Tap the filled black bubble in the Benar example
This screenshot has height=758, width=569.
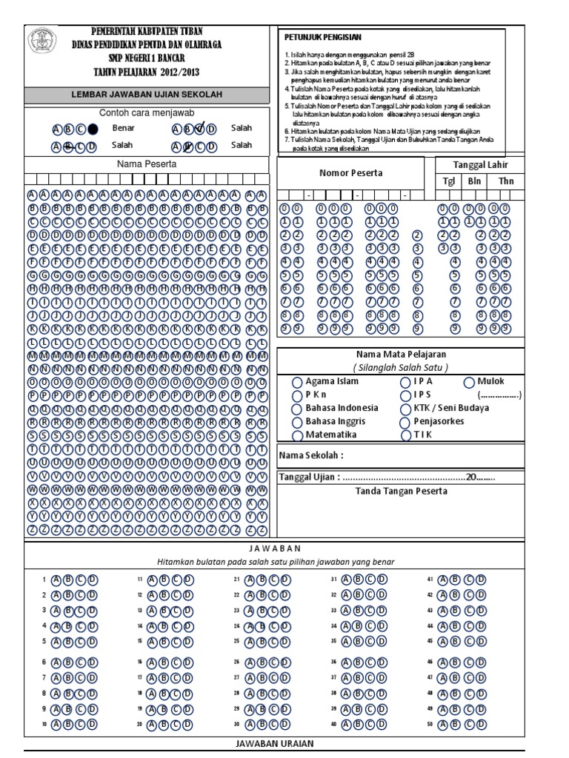(x=93, y=128)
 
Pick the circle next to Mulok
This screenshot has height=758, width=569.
(x=470, y=382)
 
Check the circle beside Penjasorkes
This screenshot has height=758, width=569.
(x=405, y=422)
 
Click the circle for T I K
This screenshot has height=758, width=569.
(x=405, y=435)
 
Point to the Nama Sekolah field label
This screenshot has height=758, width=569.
(x=311, y=455)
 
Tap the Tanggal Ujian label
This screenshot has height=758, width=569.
(x=310, y=477)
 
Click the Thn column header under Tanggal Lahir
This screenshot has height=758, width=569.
(x=505, y=181)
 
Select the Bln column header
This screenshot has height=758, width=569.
(x=473, y=181)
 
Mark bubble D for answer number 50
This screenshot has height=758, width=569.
(x=482, y=724)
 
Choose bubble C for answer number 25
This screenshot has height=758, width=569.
(x=272, y=642)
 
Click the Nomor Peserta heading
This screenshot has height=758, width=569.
(x=351, y=172)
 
